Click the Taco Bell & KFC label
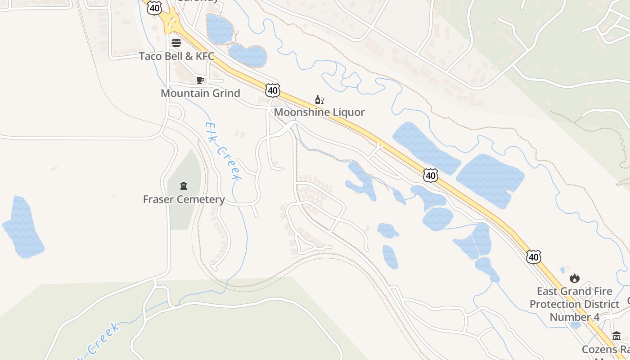click(x=176, y=56)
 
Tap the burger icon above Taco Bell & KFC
click(x=176, y=43)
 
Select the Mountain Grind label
click(x=200, y=93)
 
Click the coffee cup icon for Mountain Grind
click(x=200, y=80)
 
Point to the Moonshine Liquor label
click(x=319, y=112)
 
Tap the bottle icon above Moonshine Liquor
click(x=319, y=99)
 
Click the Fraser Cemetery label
click(x=184, y=199)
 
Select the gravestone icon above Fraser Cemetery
click(x=184, y=186)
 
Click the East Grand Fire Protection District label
click(x=574, y=304)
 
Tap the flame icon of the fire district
click(x=575, y=278)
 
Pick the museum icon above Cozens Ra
click(x=616, y=336)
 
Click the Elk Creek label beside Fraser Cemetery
click(x=223, y=151)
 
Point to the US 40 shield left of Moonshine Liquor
click(x=272, y=90)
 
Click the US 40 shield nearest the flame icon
click(x=533, y=257)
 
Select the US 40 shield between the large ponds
click(x=431, y=175)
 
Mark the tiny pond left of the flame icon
click(x=562, y=270)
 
